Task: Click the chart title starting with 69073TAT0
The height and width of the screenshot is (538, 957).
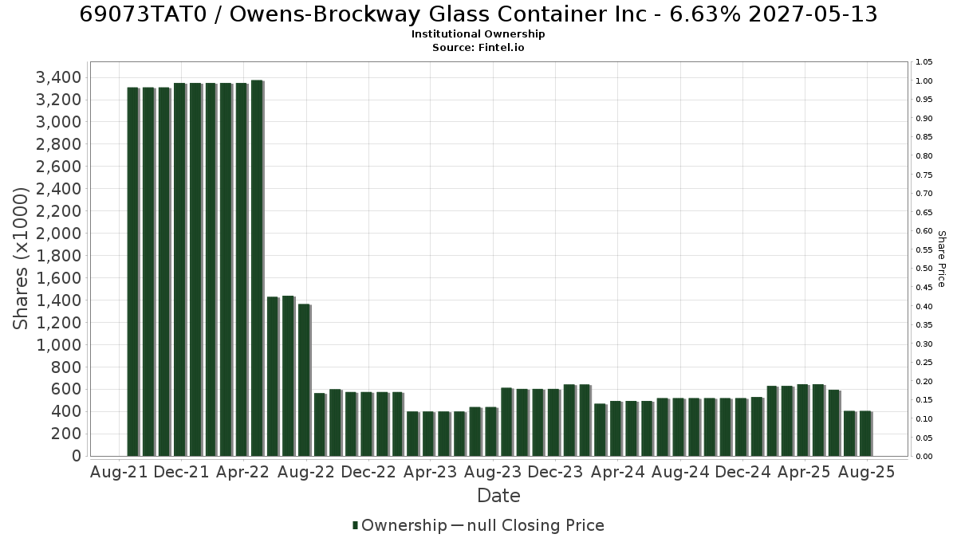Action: [478, 14]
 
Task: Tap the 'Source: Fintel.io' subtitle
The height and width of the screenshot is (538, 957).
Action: [478, 47]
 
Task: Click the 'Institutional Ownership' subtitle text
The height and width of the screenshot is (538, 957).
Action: [478, 34]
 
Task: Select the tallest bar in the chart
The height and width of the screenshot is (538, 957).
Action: [257, 268]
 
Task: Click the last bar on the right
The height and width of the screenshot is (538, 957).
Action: [866, 434]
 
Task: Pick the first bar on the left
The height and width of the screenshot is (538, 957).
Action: [133, 272]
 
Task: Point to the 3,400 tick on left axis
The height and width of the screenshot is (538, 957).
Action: [58, 78]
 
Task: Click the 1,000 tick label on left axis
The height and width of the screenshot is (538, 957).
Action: [58, 345]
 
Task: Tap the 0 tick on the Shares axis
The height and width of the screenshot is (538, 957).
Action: [77, 456]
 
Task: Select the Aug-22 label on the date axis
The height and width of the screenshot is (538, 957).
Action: [306, 472]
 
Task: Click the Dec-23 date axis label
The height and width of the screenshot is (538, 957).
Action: [555, 472]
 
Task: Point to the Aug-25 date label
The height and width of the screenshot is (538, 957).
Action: [866, 472]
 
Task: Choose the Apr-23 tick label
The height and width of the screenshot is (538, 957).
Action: [430, 472]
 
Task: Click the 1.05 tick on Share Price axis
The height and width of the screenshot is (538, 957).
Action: [924, 62]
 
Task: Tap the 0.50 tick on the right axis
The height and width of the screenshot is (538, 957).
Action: [924, 269]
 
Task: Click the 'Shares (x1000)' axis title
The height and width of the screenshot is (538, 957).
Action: [20, 259]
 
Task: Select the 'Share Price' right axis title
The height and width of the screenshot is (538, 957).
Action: [941, 259]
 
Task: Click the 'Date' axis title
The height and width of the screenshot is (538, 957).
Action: [498, 496]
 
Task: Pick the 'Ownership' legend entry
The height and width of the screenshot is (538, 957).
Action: [400, 525]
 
